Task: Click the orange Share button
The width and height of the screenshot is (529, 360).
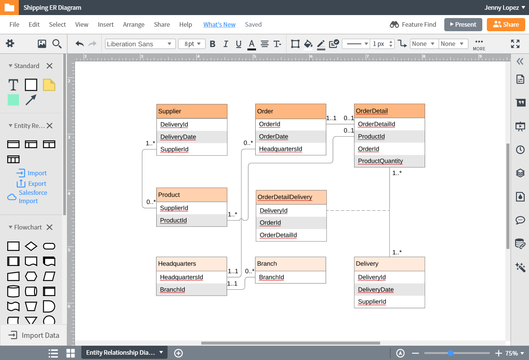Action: [x=506, y=24]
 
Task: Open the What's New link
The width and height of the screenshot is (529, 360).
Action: [x=220, y=24]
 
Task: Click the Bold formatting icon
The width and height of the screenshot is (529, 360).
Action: [x=213, y=44]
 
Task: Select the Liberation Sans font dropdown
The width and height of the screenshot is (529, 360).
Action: [x=140, y=44]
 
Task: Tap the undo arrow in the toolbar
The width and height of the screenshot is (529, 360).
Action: [x=79, y=44]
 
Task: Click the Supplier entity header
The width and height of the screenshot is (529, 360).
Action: [x=192, y=111]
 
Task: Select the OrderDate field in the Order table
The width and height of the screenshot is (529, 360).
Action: [x=273, y=137]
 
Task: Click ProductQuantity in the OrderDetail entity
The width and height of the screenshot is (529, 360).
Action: [x=380, y=161]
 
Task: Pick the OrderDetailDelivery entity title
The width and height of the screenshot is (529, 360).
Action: [x=285, y=197]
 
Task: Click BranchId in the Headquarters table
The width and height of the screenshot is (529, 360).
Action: [x=172, y=289]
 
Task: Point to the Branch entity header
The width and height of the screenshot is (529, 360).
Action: [x=290, y=264]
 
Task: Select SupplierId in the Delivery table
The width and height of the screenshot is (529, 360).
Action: [x=372, y=302]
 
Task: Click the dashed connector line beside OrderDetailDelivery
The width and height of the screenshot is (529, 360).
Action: [x=358, y=210]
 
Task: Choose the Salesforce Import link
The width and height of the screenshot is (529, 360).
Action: [x=33, y=197]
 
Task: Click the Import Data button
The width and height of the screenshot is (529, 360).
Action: [x=34, y=335]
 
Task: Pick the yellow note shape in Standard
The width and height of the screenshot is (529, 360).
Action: [x=49, y=85]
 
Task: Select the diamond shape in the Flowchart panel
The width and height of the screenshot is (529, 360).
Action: [x=31, y=246]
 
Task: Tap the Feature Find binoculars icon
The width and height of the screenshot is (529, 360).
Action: [x=394, y=24]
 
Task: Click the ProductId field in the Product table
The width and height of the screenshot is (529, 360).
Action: [x=173, y=220]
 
